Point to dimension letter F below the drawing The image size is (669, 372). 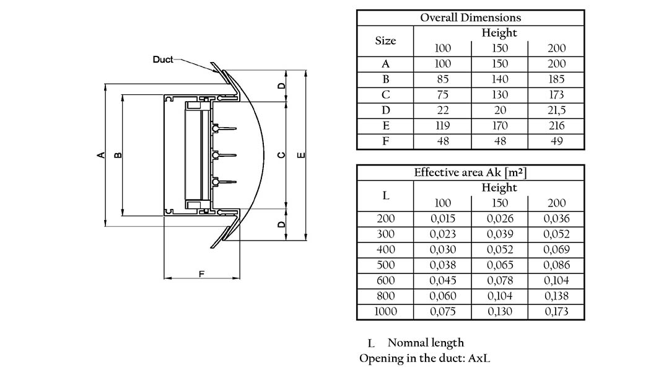201,273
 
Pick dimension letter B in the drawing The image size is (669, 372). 118,155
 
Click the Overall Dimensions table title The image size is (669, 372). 471,17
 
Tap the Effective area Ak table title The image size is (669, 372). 471,172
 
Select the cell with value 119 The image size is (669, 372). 442,126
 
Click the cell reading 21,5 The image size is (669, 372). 556,110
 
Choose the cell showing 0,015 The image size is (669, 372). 442,219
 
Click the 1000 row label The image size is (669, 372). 385,312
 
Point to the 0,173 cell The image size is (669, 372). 556,312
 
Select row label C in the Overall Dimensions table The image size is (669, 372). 385,95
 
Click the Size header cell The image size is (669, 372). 385,41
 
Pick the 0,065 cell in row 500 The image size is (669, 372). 499,265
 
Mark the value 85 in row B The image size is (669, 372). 442,79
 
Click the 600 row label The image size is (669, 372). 385,281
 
